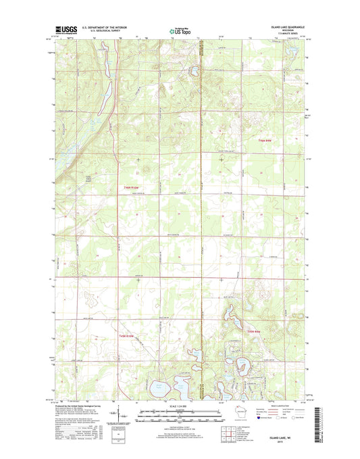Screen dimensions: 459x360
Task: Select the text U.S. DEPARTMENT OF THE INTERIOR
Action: coord(105,27)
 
